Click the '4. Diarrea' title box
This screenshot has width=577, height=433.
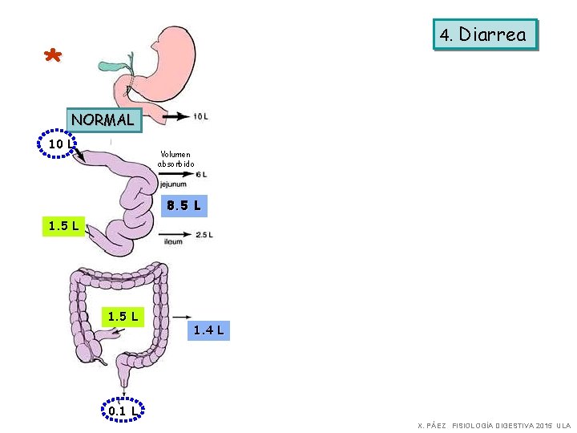pyautogui.click(x=483, y=34)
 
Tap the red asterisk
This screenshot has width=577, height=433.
pyautogui.click(x=52, y=57)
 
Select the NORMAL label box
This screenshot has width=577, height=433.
pyautogui.click(x=103, y=120)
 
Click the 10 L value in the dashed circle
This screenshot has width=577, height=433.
pyautogui.click(x=56, y=144)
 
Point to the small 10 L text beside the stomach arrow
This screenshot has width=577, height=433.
pyautogui.click(x=200, y=116)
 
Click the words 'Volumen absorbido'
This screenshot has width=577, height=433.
pyautogui.click(x=176, y=159)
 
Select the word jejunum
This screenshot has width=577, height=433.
pyautogui.click(x=172, y=184)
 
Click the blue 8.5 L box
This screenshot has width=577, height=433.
pyautogui.click(x=184, y=207)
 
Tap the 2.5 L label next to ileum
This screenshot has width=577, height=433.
pyautogui.click(x=204, y=235)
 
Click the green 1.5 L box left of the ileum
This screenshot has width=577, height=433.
pyautogui.click(x=63, y=225)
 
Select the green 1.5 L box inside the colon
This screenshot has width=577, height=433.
pyautogui.click(x=123, y=316)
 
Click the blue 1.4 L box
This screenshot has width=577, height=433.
pyautogui.click(x=209, y=330)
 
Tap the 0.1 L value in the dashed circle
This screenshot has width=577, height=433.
pyautogui.click(x=121, y=411)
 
